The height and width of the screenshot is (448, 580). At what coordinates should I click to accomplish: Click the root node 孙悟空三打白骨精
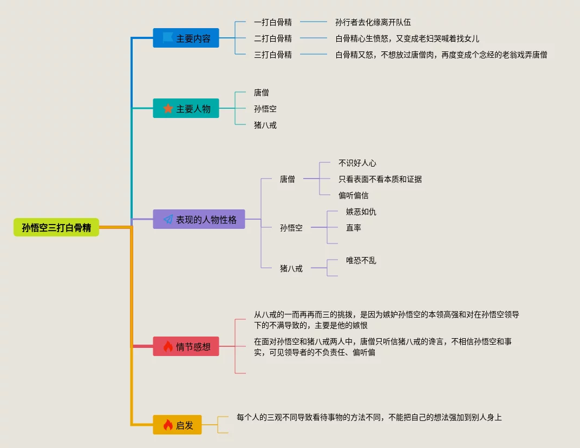tap(56, 228)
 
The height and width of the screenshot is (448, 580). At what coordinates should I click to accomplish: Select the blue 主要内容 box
tap(186, 38)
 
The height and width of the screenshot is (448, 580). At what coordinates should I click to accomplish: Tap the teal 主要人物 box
tap(186, 108)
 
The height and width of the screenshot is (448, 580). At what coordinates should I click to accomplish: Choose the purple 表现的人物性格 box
tap(199, 220)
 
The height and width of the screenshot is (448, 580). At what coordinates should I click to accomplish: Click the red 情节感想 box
tap(186, 346)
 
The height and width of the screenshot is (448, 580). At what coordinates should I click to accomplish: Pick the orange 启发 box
tap(177, 425)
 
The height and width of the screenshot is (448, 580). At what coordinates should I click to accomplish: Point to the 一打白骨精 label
tap(273, 22)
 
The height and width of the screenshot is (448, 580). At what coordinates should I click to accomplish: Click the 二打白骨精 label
tap(273, 38)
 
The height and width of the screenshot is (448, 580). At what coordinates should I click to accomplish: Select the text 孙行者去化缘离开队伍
tap(373, 22)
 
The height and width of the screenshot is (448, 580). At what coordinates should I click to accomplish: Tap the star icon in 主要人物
tap(168, 108)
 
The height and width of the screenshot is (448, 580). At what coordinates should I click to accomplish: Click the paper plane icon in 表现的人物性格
tap(168, 220)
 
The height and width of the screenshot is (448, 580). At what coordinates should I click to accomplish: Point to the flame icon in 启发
tap(168, 425)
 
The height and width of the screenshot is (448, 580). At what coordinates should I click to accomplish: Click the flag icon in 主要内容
tap(168, 38)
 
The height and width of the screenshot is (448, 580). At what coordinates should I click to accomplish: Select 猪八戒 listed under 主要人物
tap(265, 125)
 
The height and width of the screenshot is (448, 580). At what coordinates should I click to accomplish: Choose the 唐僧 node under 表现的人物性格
tap(288, 179)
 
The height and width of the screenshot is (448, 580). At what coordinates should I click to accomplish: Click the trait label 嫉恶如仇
tap(361, 212)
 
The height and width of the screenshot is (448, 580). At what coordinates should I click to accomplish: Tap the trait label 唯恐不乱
tap(361, 260)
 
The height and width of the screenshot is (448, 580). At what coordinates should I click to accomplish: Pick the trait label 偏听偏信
tap(354, 195)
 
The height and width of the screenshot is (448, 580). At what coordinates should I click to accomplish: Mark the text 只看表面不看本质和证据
tap(380, 179)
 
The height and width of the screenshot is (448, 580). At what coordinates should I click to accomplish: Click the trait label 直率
tap(354, 228)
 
